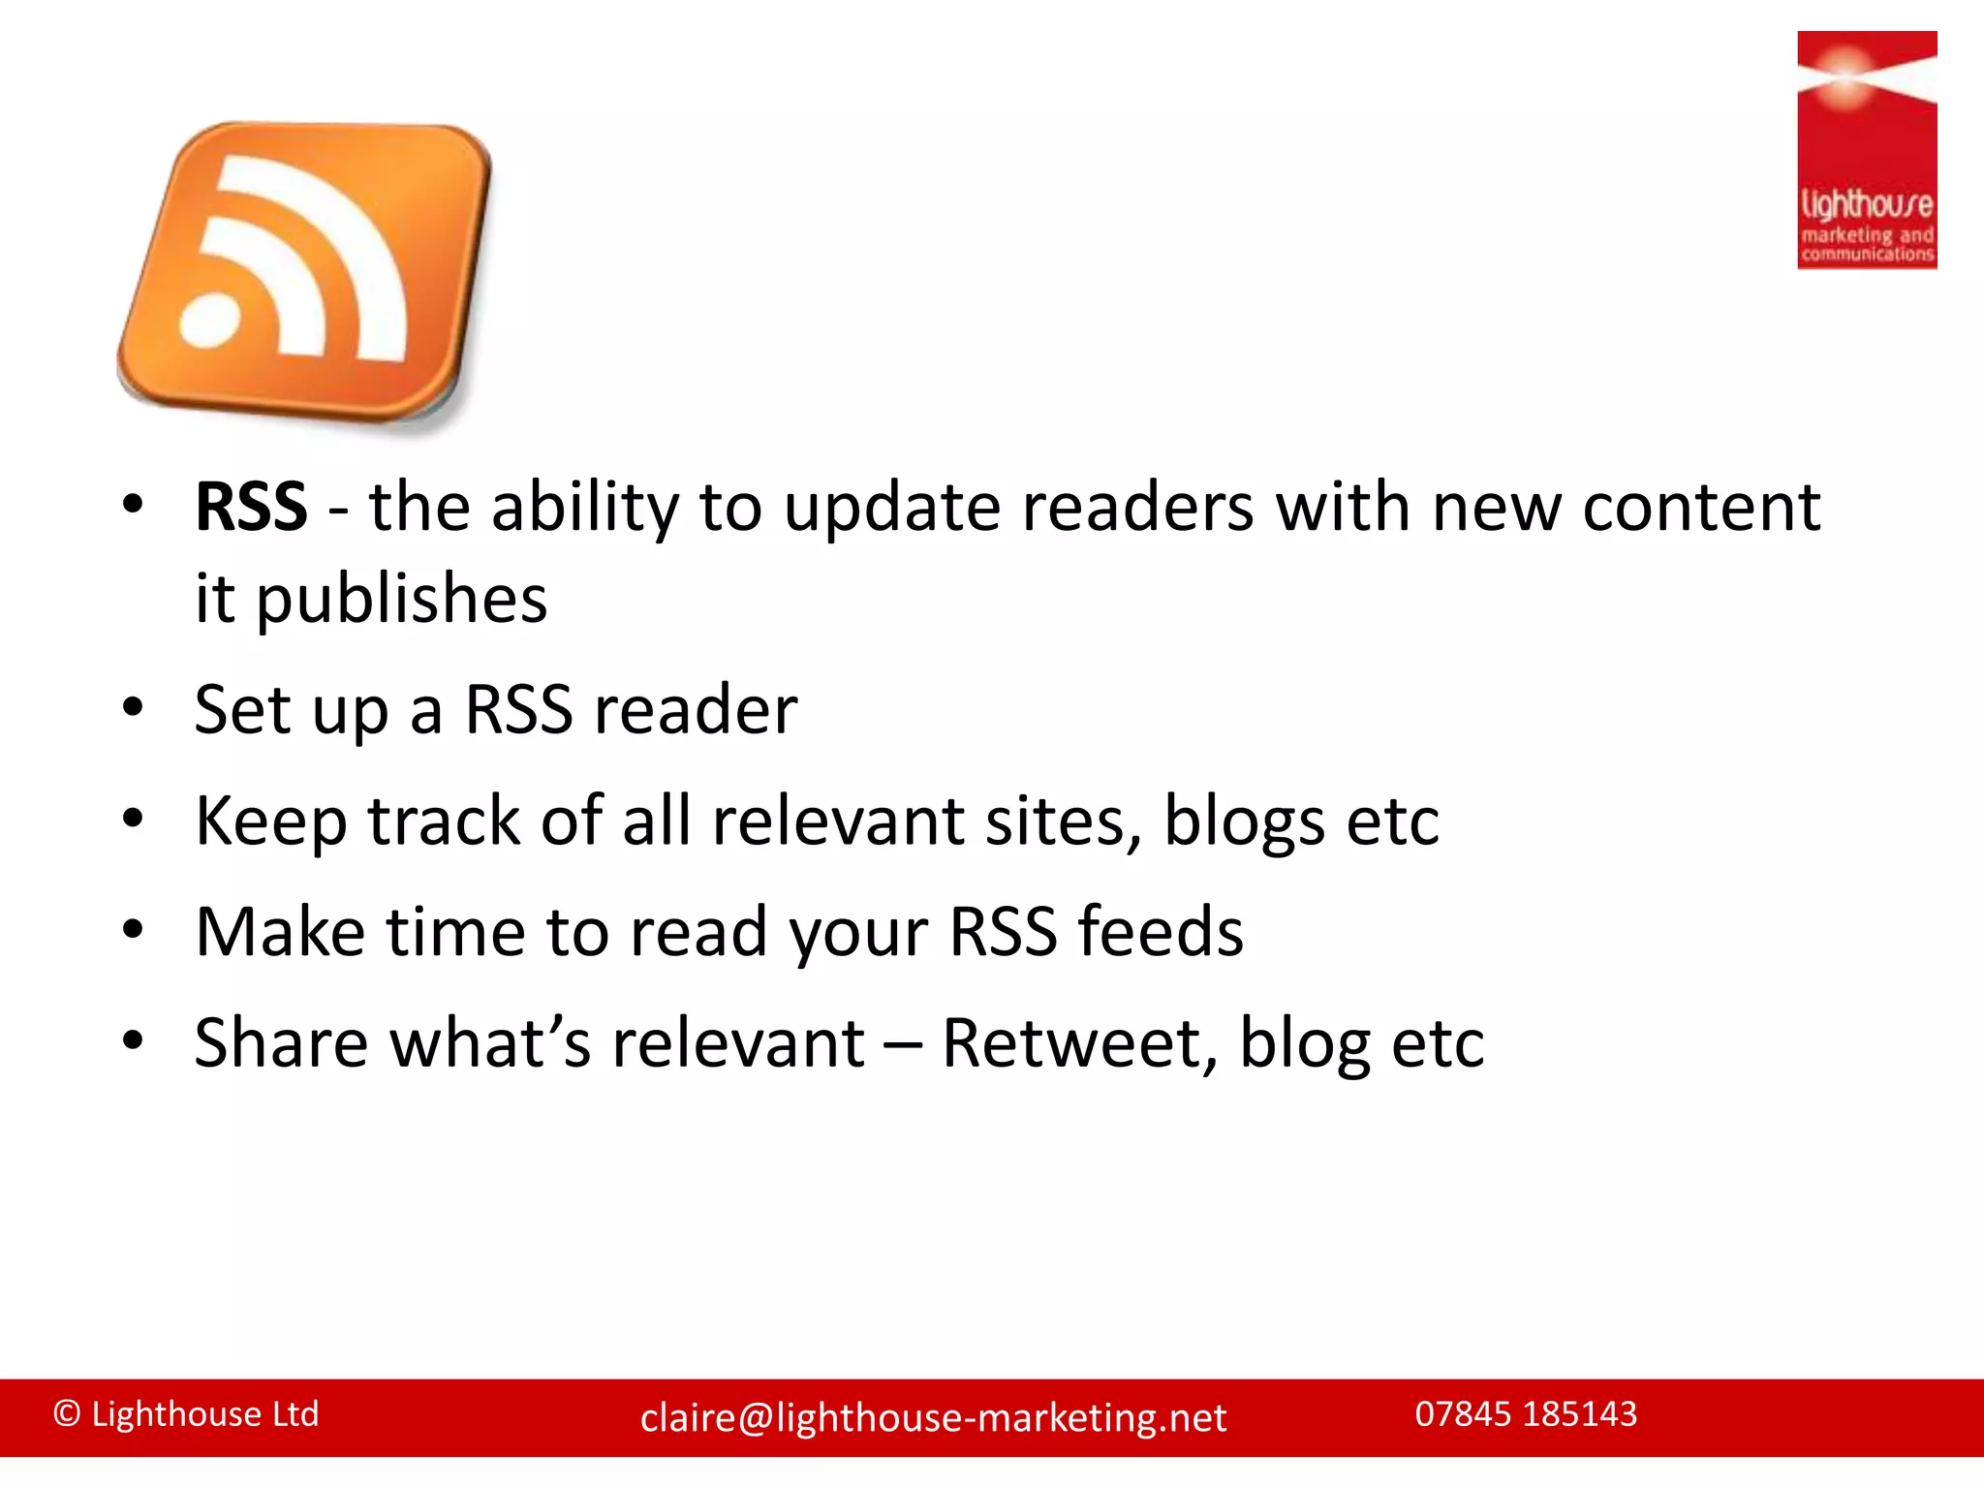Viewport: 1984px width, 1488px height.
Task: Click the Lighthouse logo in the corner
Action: click(x=1866, y=150)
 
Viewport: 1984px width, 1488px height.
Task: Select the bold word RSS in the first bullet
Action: click(x=251, y=507)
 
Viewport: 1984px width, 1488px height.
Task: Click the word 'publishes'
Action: click(x=401, y=600)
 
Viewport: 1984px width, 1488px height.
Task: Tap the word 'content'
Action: click(x=1701, y=507)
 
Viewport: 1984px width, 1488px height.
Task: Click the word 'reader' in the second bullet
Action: click(x=696, y=710)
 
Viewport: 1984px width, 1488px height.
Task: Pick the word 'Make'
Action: click(x=280, y=932)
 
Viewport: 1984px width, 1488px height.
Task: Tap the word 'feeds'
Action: click(x=1161, y=932)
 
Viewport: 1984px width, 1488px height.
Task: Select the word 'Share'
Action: click(x=281, y=1043)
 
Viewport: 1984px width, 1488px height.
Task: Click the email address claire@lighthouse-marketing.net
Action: click(x=933, y=1418)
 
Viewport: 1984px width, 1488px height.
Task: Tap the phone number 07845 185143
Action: click(x=1526, y=1414)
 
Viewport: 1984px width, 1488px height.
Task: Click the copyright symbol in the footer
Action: click(x=67, y=1414)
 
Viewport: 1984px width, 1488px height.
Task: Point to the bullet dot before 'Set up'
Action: click(x=133, y=706)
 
